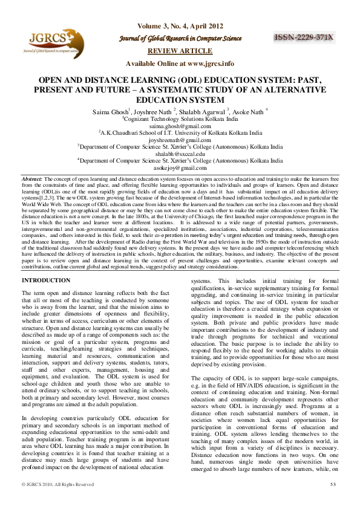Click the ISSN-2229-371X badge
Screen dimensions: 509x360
tap(304, 37)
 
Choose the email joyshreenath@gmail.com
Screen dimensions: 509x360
tap(180, 140)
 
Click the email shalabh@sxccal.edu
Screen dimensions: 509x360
tap(180, 154)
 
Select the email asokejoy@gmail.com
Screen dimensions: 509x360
tap(180, 169)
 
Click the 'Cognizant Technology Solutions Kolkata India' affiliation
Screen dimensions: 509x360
tap(180, 118)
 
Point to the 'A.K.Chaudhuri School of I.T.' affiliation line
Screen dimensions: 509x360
tap(180, 132)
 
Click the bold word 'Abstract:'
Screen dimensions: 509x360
tap(31, 180)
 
